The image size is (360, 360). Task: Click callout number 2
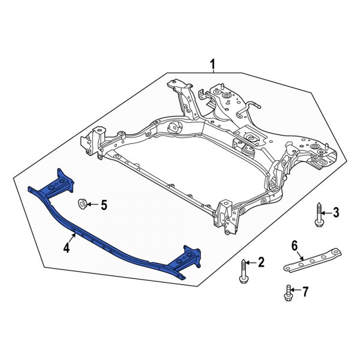pyautogui.click(x=261, y=262)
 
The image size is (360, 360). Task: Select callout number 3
pyautogui.click(x=335, y=212)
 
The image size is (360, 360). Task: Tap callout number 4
pyautogui.click(x=67, y=246)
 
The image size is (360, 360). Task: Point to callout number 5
pyautogui.click(x=103, y=206)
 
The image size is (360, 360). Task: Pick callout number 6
pyautogui.click(x=295, y=245)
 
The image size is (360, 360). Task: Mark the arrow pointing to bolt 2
pyautogui.click(x=252, y=262)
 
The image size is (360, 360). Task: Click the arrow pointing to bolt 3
pyautogui.click(x=326, y=212)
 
